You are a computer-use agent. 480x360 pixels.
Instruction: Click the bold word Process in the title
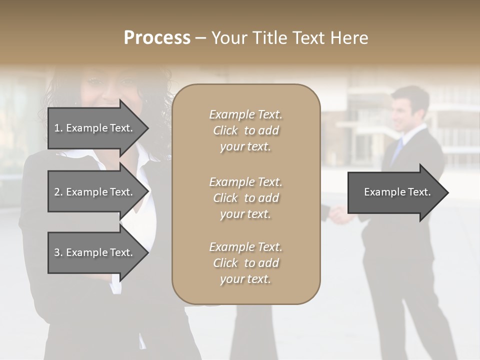click(157, 38)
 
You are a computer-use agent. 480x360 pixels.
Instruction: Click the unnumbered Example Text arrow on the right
click(397, 192)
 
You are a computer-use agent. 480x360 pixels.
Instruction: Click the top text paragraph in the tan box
click(246, 130)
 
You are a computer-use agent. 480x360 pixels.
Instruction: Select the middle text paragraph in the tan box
click(246, 198)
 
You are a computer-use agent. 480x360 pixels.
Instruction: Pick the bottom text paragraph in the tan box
click(246, 263)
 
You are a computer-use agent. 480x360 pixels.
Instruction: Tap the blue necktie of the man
click(397, 150)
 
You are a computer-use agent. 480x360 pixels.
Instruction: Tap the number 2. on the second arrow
click(58, 192)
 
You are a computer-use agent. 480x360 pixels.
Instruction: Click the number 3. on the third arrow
click(58, 252)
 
